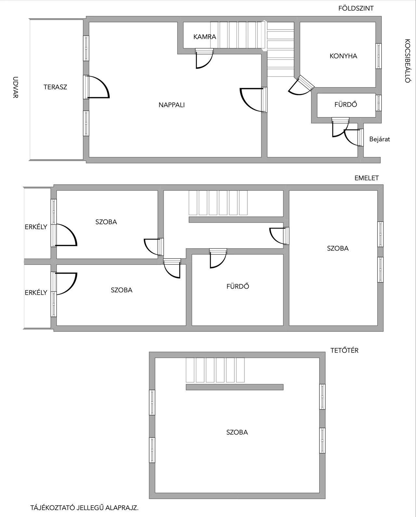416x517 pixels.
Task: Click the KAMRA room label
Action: [x=204, y=37]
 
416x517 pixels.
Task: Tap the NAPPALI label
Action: [x=172, y=105]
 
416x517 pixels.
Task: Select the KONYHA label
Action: [x=343, y=56]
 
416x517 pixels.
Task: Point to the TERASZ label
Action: [x=55, y=87]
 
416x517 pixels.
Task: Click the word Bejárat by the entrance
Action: [x=380, y=139]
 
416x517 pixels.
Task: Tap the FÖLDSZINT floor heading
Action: [x=356, y=8]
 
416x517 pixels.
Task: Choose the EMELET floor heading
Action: [x=367, y=178]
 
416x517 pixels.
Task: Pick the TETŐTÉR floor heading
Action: [x=344, y=351]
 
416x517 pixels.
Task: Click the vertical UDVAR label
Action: [x=15, y=87]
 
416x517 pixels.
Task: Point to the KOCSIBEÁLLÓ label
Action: [x=407, y=61]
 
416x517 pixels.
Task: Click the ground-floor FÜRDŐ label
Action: [x=345, y=105]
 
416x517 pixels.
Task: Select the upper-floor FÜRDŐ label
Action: [x=238, y=286]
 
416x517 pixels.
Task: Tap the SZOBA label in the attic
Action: [x=237, y=433]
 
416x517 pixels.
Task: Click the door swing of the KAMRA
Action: [x=204, y=59]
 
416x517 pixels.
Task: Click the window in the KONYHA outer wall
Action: [x=379, y=56]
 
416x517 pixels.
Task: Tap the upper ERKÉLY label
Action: [x=36, y=227]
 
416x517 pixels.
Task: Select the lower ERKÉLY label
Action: [x=36, y=292]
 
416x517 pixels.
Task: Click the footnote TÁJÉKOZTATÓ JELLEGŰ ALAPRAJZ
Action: [x=84, y=508]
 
